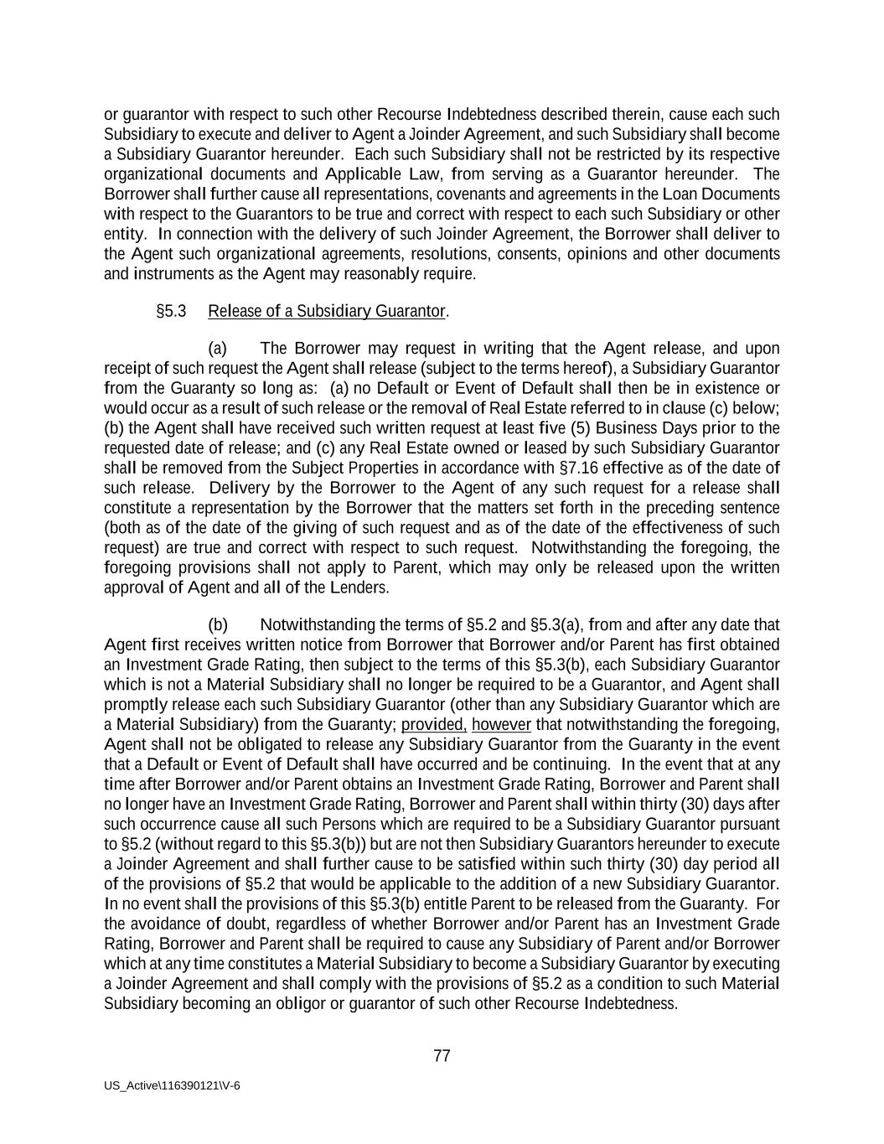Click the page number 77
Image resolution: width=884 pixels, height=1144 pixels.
pos(442,1056)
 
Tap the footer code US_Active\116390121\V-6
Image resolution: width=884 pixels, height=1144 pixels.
pos(172,1085)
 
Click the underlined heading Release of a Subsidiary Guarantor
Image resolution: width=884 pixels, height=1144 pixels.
pos(326,311)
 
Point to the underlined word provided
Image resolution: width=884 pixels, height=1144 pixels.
pos(433,724)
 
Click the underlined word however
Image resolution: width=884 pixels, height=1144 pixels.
pos(501,724)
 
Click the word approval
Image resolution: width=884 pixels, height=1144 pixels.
pos(135,588)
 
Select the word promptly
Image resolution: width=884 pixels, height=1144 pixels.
pos(132,704)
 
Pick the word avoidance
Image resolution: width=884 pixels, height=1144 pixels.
pos(166,924)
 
